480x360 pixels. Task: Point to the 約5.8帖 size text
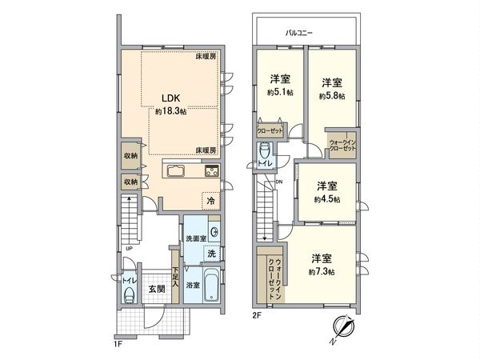click(x=332, y=96)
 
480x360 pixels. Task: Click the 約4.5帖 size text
click(x=326, y=198)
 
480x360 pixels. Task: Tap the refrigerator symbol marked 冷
click(x=210, y=202)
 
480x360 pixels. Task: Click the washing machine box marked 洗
click(x=210, y=253)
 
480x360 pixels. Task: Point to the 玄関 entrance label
click(x=156, y=288)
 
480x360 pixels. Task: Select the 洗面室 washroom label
click(x=196, y=239)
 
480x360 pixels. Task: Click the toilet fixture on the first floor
click(x=126, y=293)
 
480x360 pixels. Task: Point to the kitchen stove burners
click(x=212, y=170)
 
